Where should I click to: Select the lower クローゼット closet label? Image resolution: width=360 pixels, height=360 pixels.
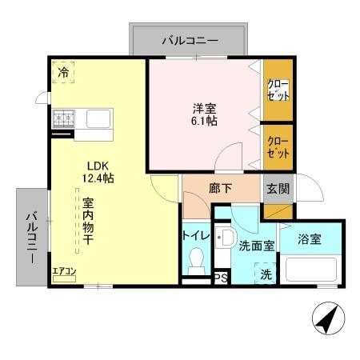[278, 146]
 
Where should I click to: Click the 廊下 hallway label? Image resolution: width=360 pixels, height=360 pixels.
[220, 190]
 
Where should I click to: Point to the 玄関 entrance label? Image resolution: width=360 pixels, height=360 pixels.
[278, 190]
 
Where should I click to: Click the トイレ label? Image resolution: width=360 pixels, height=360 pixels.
[195, 235]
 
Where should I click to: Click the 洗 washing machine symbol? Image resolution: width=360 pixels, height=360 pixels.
[266, 272]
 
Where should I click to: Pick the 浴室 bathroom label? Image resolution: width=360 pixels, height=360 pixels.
[310, 239]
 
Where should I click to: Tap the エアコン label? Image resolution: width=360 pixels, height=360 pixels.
[64, 271]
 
